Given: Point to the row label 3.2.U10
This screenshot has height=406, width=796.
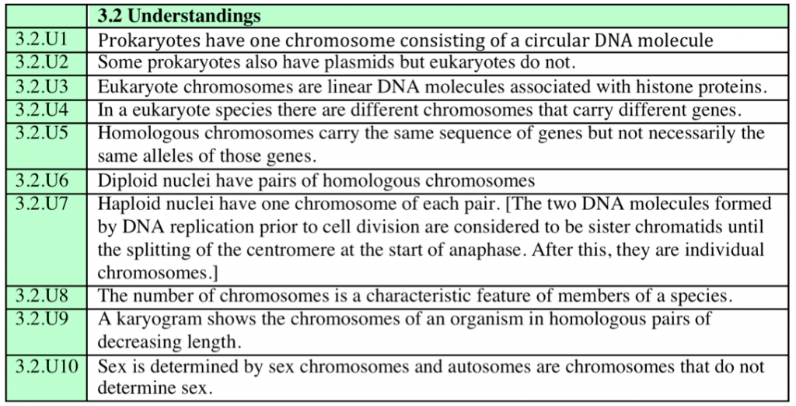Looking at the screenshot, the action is [x=46, y=366].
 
